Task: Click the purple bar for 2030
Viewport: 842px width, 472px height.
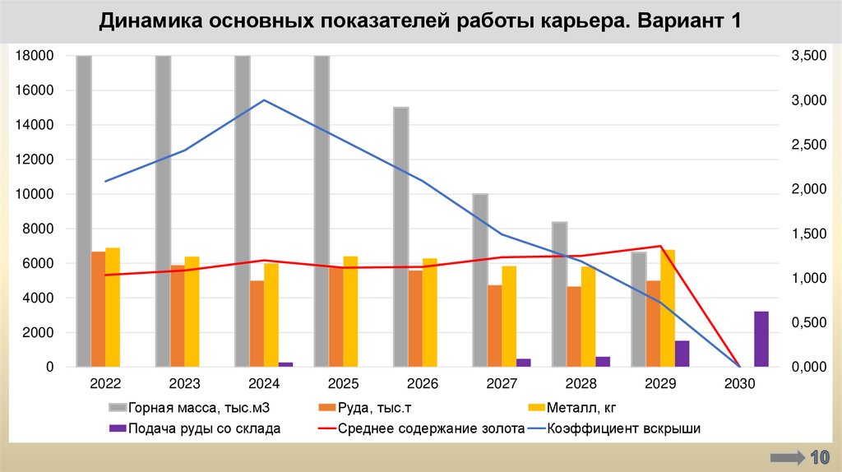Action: coord(761,339)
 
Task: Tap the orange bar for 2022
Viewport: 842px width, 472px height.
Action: coord(98,308)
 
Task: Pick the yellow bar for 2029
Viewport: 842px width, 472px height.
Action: coord(668,308)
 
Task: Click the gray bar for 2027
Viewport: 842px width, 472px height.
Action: coord(480,280)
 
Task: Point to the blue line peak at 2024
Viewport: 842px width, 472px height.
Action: coord(264,100)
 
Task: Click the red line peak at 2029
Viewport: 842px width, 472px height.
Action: coord(660,246)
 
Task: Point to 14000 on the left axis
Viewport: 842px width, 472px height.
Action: coord(37,125)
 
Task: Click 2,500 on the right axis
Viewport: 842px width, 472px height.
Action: coord(807,145)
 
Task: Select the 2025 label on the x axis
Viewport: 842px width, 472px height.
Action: coord(343,384)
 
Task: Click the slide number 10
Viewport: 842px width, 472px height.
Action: coord(819,457)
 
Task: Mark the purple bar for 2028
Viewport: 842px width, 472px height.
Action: coord(603,362)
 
